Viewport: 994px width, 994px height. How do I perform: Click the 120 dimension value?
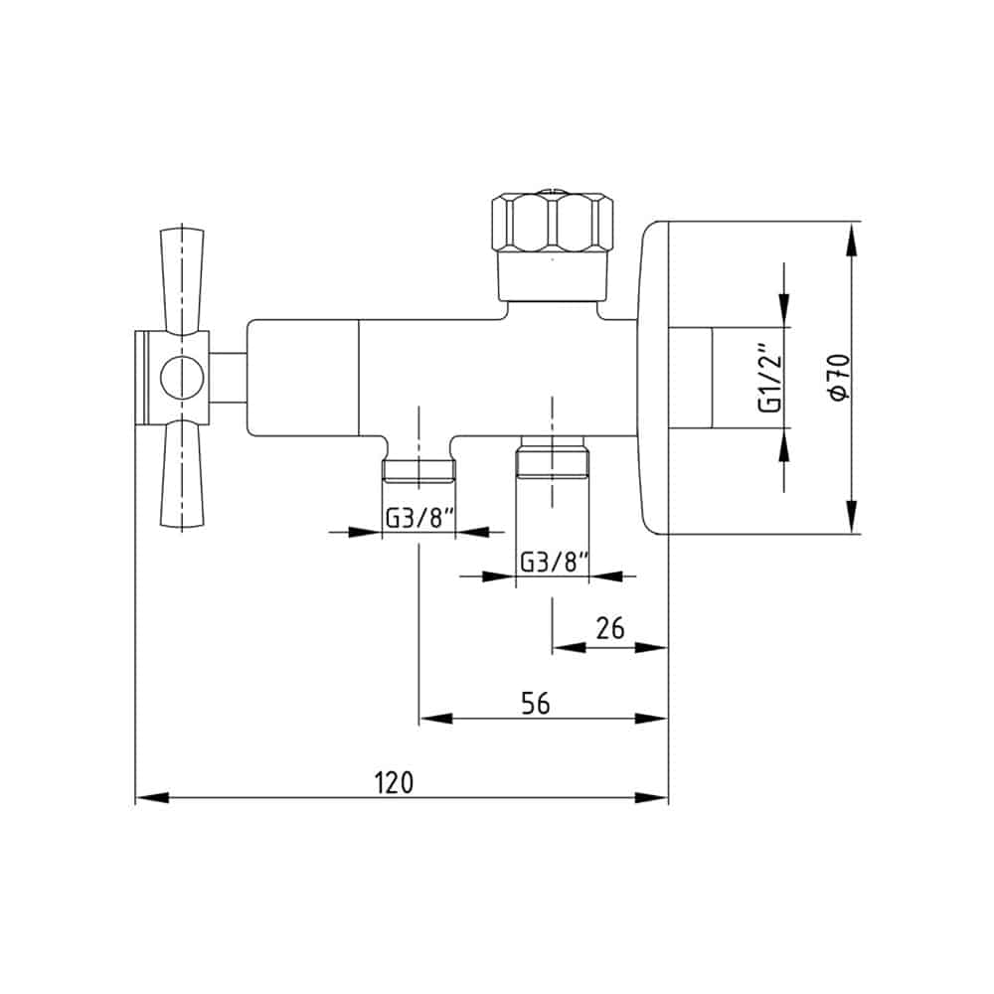click(394, 782)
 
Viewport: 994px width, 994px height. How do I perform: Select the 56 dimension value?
click(536, 703)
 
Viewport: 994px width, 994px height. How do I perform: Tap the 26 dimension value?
click(610, 627)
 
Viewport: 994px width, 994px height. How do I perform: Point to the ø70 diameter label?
click(838, 377)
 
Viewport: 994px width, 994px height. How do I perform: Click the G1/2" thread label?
click(770, 379)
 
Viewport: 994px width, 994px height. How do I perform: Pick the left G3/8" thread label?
click(420, 519)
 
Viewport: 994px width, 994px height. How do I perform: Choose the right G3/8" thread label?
click(555, 562)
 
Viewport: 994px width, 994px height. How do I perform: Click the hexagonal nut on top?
click(554, 222)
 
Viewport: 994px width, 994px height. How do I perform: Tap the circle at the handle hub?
click(182, 378)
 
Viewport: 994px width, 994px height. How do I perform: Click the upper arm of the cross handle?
click(182, 280)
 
